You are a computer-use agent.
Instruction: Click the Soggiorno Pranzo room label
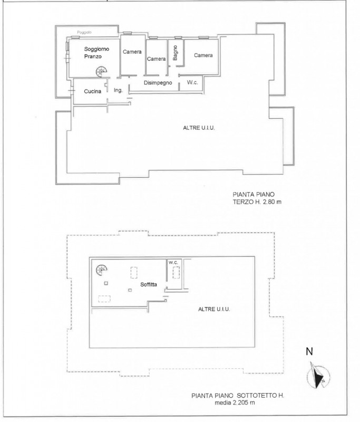[x=96, y=52]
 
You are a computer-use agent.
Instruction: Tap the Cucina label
[x=92, y=91]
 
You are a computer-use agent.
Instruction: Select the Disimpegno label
[x=158, y=83]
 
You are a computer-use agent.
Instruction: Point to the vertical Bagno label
[x=175, y=53]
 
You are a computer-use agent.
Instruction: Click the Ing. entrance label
[x=118, y=90]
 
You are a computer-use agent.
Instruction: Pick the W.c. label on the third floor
[x=192, y=82]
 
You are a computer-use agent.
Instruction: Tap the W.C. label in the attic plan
[x=173, y=262]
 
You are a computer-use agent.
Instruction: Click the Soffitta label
[x=149, y=284]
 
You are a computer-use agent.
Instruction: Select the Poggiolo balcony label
[x=84, y=32]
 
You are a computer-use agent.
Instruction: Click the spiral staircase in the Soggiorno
[x=101, y=72]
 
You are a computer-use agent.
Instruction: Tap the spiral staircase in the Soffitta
[x=102, y=270]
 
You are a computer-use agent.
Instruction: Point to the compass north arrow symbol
[x=318, y=376]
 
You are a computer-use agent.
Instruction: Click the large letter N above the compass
[x=309, y=351]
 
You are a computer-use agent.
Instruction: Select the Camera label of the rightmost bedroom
[x=203, y=55]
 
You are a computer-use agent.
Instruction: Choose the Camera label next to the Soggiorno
[x=132, y=52]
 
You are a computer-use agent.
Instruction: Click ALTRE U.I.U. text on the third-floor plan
[x=199, y=128]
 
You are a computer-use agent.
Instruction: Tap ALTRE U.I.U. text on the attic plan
[x=214, y=309]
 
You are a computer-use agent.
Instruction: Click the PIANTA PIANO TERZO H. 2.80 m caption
[x=257, y=198]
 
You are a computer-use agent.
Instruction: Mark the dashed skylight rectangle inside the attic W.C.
[x=176, y=272]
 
